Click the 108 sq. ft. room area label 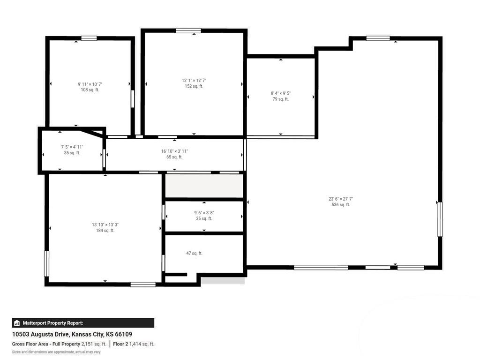90,90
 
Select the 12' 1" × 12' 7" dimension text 194,81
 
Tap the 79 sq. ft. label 280,99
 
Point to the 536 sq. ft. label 341,204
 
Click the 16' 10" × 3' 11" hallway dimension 174,151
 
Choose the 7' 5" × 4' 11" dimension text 72,147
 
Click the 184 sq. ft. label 105,230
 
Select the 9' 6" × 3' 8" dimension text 204,213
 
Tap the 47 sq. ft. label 194,253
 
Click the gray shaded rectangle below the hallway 204,186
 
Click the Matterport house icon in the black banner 17,323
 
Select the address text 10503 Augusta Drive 41,334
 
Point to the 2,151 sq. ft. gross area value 94,344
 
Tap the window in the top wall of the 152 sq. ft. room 188,30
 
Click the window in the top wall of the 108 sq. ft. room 89,38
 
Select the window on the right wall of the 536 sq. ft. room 440,219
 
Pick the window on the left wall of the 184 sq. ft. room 46,263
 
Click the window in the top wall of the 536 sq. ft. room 378,38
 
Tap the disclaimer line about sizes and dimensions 56,352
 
